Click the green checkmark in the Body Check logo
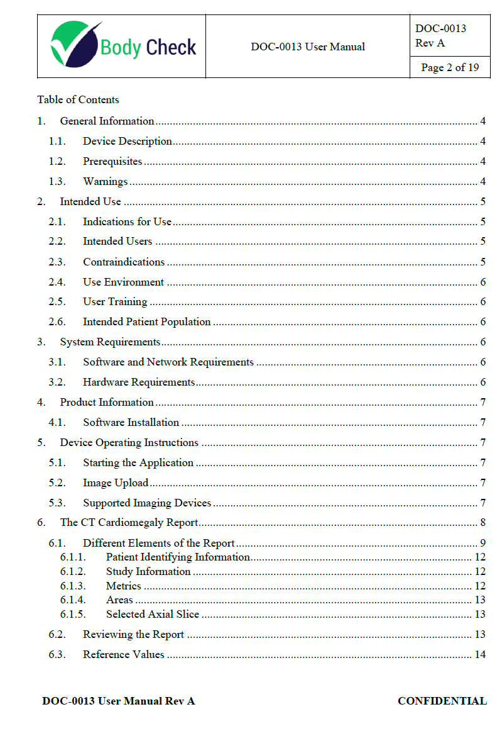coord(74,44)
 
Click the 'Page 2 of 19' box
coord(449,67)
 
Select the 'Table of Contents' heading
coord(78,99)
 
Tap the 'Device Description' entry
coord(128,142)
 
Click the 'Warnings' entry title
coord(106,182)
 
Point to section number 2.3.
coord(57,262)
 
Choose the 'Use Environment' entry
coord(123,282)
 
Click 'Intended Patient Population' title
coord(147,321)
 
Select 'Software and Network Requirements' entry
coord(168,362)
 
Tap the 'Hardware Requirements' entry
coord(139,382)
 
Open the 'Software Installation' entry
coord(131,422)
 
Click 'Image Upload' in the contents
coord(116,483)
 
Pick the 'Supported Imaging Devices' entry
coord(147,503)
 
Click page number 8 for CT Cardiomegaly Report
coord(483,523)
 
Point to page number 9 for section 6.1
coord(483,543)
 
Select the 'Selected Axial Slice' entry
coord(153,614)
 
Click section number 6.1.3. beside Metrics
coord(74,586)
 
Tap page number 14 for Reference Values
coord(480,654)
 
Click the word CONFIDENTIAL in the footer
coord(442,701)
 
